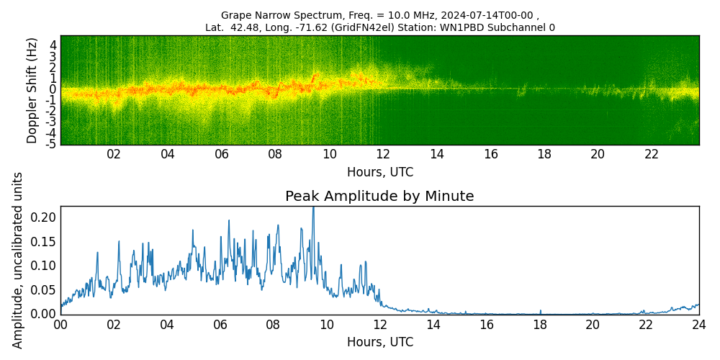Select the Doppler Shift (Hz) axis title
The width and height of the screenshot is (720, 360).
(32, 90)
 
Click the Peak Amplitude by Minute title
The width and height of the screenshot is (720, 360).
(379, 197)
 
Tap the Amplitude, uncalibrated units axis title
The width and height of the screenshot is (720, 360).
(18, 260)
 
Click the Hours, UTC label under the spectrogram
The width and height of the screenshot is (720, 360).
(379, 173)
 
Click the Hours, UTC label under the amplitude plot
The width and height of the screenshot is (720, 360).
(379, 342)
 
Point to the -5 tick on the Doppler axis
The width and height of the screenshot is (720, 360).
(51, 144)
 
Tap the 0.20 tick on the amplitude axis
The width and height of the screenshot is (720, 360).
(43, 217)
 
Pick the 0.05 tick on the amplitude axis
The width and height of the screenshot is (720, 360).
(43, 290)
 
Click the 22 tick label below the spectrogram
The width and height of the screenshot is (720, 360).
(652, 154)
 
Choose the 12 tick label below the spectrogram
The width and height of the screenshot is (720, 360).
(383, 154)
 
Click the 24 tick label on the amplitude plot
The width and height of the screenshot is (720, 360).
(698, 325)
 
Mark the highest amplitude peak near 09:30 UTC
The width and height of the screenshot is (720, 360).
(313, 209)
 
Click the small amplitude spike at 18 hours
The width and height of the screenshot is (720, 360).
(540, 311)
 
